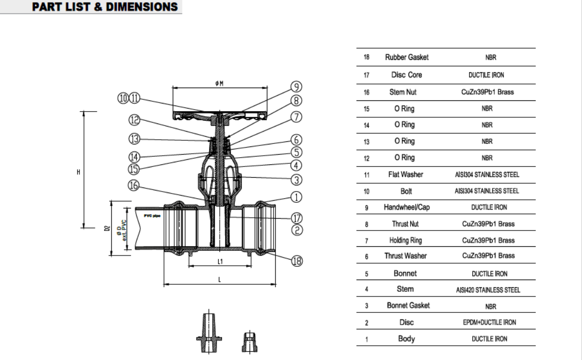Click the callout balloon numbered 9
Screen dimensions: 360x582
click(x=297, y=87)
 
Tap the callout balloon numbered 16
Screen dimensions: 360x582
click(x=134, y=187)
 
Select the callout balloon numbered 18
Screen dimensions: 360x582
click(x=297, y=261)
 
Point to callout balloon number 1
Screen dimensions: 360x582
click(x=297, y=196)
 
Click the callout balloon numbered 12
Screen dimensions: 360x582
click(x=134, y=120)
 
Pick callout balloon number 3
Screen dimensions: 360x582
click(x=297, y=179)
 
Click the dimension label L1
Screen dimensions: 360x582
click(x=219, y=261)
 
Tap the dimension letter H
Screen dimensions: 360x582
click(x=78, y=172)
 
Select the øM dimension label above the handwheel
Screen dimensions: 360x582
click(x=220, y=84)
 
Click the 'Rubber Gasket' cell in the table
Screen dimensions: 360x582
click(x=407, y=58)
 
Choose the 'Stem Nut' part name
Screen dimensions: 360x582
click(x=403, y=92)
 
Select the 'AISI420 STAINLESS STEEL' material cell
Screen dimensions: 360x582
click(x=488, y=290)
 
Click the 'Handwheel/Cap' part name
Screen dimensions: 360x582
click(x=406, y=207)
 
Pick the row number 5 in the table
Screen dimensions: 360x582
click(x=366, y=273)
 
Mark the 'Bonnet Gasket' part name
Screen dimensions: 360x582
click(x=408, y=306)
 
